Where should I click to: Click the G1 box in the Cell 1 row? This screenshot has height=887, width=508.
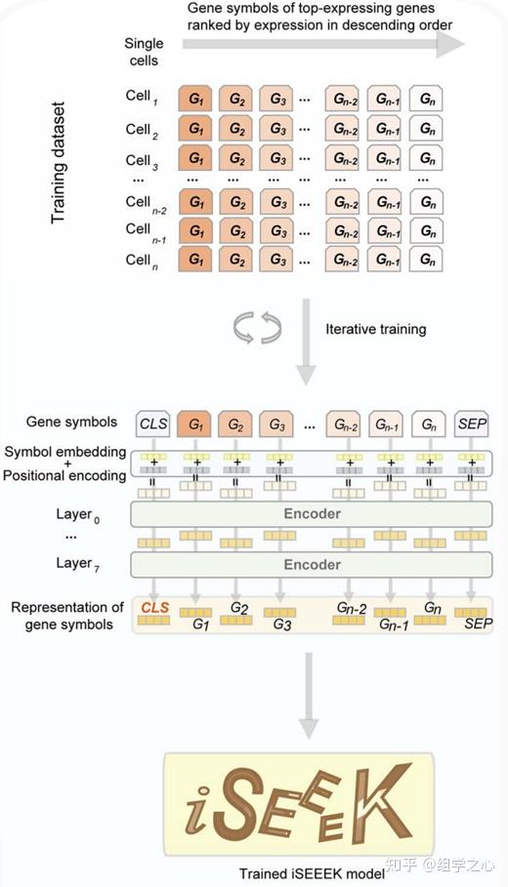tap(194, 99)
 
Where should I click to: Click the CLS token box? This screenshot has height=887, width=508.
tap(152, 424)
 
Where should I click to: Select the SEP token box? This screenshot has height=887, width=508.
tap(472, 424)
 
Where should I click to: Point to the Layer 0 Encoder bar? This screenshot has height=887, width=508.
tap(312, 514)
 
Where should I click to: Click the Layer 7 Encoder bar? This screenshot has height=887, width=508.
tap(312, 565)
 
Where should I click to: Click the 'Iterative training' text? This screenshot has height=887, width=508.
tap(376, 329)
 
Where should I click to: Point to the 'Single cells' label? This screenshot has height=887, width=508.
tap(144, 52)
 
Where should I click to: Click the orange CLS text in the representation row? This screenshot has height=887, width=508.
tap(154, 608)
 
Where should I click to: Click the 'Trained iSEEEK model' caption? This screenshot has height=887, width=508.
tap(312, 873)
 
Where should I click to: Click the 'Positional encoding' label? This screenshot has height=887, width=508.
tap(64, 476)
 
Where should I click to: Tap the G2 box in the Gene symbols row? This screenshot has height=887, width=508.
tap(235, 424)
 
